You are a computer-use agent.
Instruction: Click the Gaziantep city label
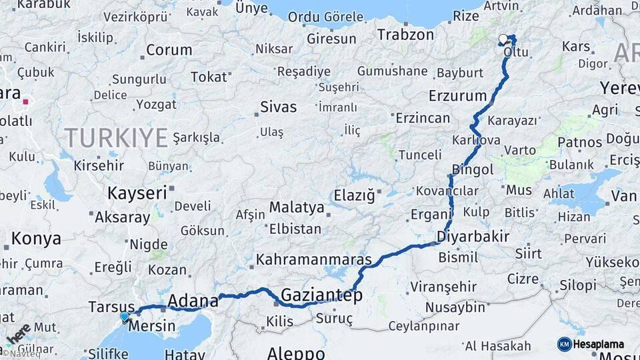[321, 295]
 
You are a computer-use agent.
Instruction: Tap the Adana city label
[193, 300]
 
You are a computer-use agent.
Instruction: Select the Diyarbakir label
[473, 236]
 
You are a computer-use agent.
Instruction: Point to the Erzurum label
[458, 95]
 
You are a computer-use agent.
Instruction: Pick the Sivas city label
[279, 107]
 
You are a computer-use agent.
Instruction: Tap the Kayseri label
[137, 193]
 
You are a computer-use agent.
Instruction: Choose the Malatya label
[297, 207]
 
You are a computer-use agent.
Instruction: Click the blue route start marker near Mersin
[125, 317]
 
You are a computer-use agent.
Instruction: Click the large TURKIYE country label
[116, 138]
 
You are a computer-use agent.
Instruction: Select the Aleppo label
[296, 352]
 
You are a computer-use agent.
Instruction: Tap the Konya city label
[37, 239]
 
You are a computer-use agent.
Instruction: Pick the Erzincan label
[423, 118]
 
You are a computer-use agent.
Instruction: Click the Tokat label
[209, 77]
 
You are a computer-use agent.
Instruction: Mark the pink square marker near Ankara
[25, 102]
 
